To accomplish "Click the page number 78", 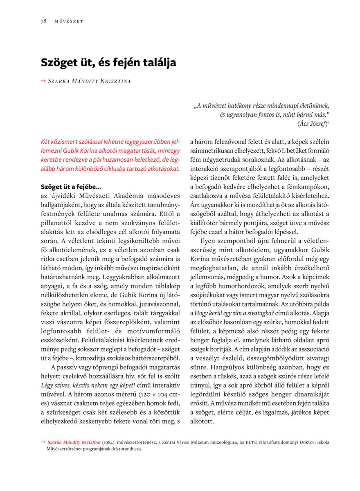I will pos(43,21).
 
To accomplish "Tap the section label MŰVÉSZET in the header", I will pos(69,21).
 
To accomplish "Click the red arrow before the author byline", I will pos(43,81).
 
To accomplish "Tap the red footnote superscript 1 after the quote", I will pos(328,122).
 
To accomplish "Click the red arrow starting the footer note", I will pos(43,442).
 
